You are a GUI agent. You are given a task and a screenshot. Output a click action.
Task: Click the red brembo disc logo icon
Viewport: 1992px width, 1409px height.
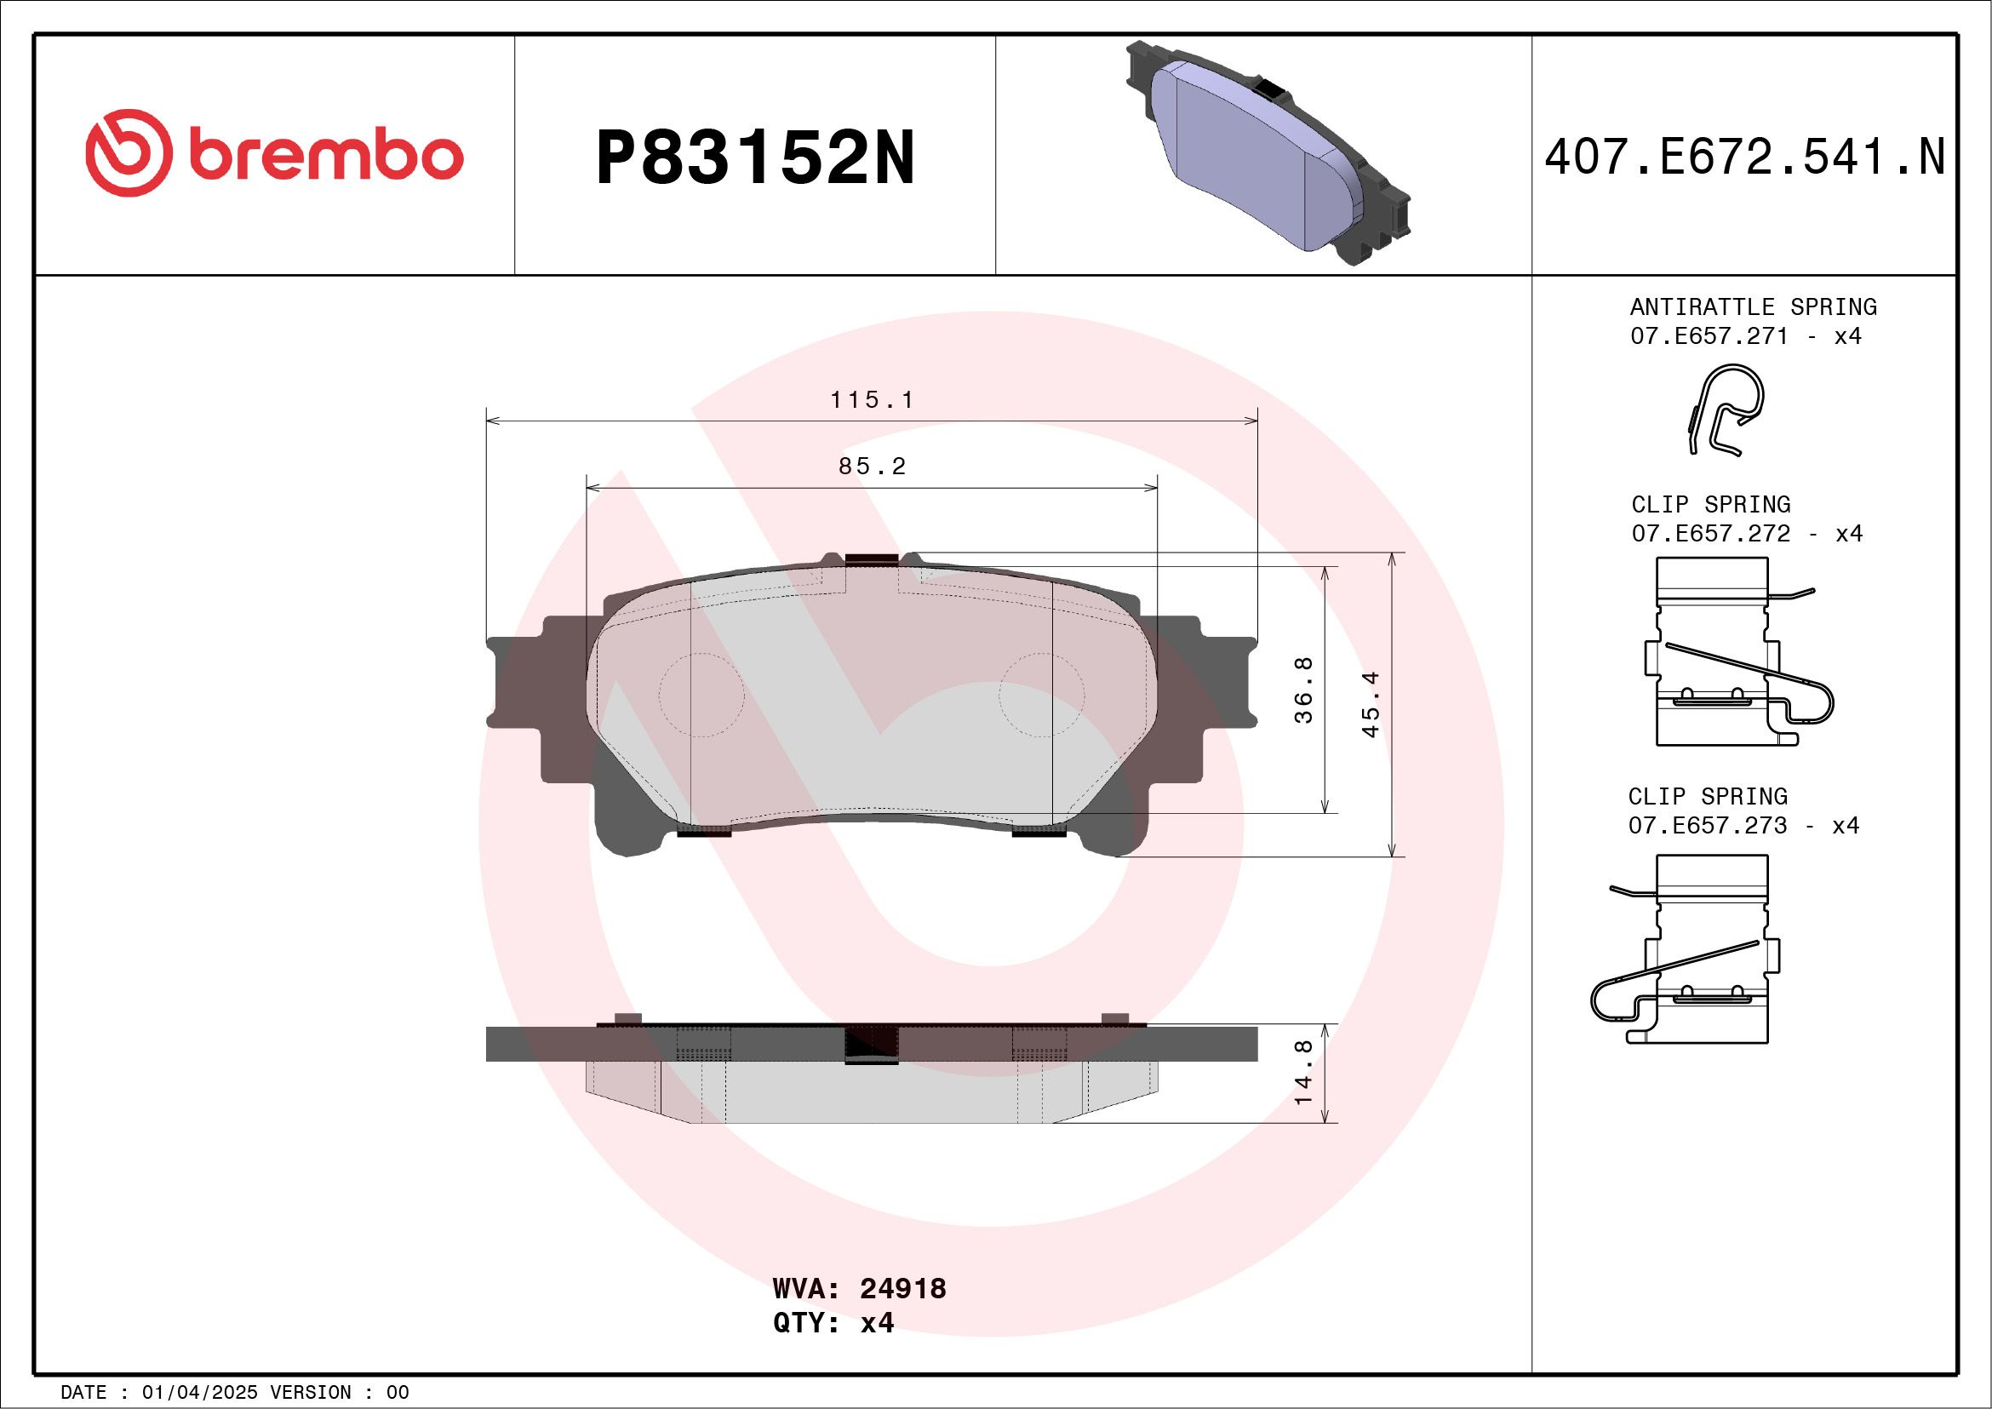(x=128, y=152)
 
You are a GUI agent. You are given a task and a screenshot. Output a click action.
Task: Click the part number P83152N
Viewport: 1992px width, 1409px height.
(x=755, y=158)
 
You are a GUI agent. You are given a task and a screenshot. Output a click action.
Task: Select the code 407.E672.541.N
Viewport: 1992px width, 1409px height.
(x=1744, y=158)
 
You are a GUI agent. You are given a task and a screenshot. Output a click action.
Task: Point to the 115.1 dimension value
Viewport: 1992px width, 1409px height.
(x=872, y=400)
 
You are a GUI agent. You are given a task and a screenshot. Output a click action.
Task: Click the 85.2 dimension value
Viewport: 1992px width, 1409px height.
(x=872, y=467)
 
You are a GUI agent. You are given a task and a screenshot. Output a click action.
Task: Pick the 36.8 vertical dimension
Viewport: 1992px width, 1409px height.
(x=1303, y=690)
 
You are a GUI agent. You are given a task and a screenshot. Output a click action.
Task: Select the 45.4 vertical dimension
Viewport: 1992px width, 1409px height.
(x=1370, y=705)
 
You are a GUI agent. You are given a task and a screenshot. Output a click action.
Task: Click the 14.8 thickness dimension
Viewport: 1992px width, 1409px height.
(x=1303, y=1073)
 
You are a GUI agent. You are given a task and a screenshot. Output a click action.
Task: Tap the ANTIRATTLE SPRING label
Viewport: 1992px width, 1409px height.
(x=1753, y=307)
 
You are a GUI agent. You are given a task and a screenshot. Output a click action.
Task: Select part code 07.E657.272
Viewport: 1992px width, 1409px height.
(x=1710, y=534)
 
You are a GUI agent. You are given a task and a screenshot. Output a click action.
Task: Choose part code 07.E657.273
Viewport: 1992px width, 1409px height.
(x=1707, y=825)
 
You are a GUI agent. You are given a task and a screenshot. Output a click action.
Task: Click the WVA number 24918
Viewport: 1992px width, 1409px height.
(x=902, y=1288)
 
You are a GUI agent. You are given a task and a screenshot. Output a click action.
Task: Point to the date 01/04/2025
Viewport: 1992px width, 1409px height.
(x=199, y=1393)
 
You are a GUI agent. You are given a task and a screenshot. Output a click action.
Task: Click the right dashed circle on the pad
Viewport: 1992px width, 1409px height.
(x=1041, y=694)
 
